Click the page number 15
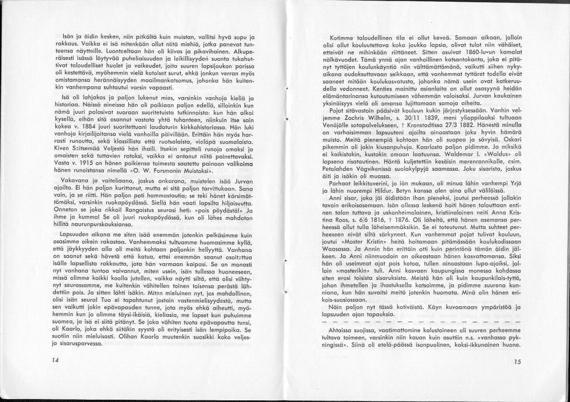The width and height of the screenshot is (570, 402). coord(517,361)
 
